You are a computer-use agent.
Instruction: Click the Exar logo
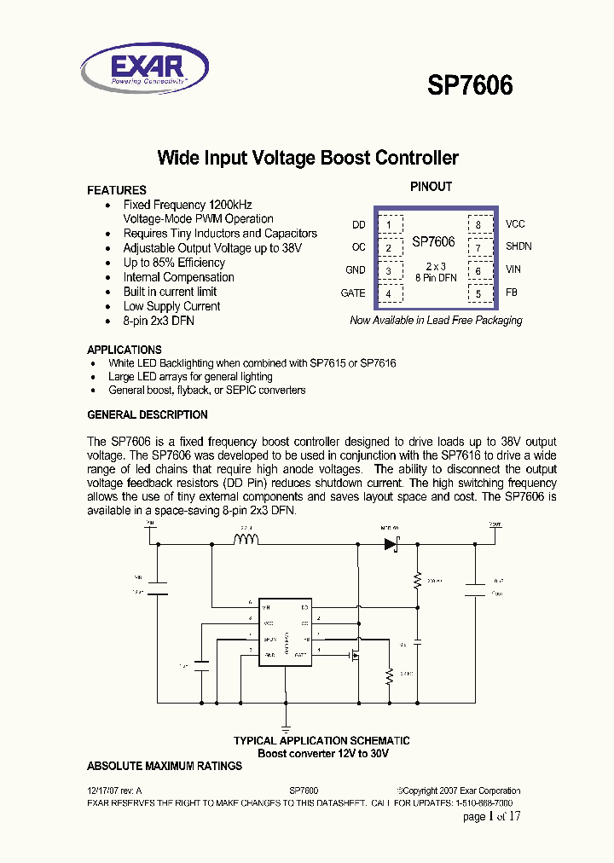point(144,67)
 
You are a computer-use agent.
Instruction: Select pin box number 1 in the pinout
point(389,226)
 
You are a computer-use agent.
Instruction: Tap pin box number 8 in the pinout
point(478,226)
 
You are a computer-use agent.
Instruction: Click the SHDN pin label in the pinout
point(518,246)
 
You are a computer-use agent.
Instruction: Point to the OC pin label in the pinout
point(358,247)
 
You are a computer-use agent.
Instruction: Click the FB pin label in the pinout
point(512,293)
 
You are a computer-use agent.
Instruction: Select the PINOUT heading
point(431,187)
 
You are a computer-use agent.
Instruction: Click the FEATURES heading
point(117,190)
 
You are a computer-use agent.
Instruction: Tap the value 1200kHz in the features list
point(230,206)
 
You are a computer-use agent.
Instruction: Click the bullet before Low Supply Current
point(107,307)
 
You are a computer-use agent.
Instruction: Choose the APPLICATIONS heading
point(125,350)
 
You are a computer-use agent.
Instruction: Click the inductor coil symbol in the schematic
point(246,539)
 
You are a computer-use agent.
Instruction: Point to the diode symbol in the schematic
point(391,542)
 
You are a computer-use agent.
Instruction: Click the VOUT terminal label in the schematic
point(495,525)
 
